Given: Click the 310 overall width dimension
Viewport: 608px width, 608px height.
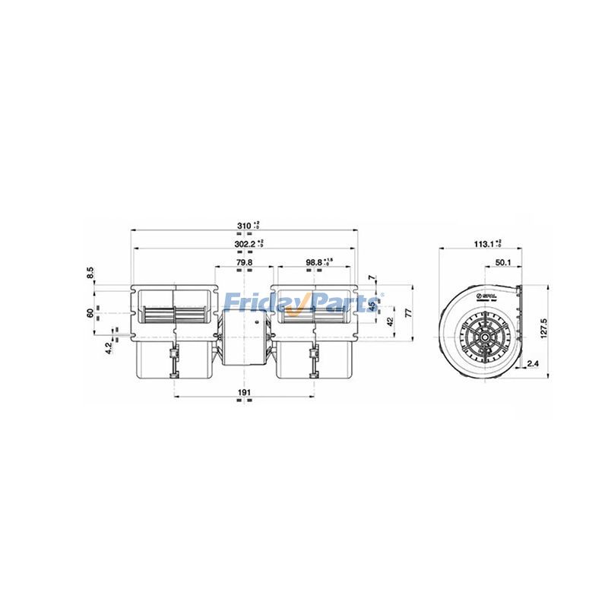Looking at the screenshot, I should pos(243,226).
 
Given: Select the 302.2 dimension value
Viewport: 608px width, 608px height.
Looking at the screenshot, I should pos(245,244).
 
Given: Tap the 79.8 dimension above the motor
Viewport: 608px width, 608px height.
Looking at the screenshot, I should pos(243,263).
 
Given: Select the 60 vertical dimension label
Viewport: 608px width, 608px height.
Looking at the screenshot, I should pos(90,312).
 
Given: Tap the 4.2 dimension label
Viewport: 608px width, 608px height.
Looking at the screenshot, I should pos(108,348).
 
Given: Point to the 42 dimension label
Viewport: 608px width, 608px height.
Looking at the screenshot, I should pos(391,321).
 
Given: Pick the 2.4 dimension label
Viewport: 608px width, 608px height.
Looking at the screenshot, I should pos(533,364).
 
